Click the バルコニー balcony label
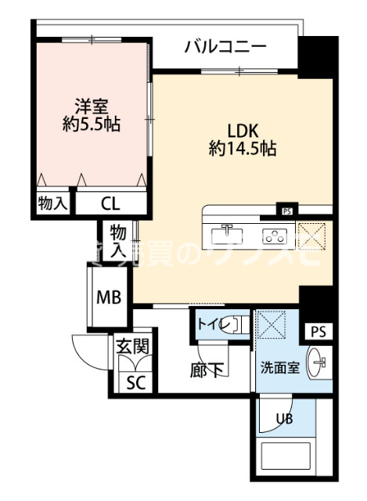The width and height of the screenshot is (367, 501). pyautogui.click(x=225, y=46)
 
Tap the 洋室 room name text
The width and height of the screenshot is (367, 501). pyautogui.click(x=92, y=105)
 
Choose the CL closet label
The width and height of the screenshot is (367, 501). pyautogui.click(x=110, y=204)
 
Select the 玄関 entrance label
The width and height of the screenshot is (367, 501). pyautogui.click(x=132, y=344)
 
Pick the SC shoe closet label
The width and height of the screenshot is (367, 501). pyautogui.click(x=135, y=383)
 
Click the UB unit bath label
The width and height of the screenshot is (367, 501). pyautogui.click(x=285, y=418)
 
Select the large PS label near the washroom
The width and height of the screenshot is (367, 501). pyautogui.click(x=317, y=332)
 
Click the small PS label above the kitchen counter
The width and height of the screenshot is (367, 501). pyautogui.click(x=286, y=211)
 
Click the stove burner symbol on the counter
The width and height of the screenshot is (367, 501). pyautogui.click(x=276, y=233)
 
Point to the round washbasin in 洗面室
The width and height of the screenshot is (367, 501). pyautogui.click(x=318, y=362)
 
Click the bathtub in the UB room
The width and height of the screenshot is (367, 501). pyautogui.click(x=286, y=462)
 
